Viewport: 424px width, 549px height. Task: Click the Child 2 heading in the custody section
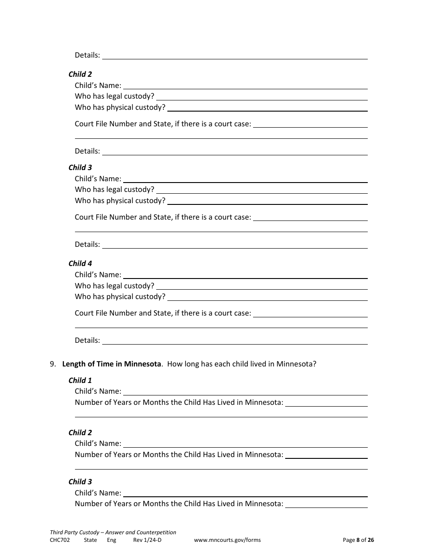[80, 74]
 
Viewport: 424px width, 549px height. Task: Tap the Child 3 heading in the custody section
[80, 167]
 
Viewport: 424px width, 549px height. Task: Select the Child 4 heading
[80, 263]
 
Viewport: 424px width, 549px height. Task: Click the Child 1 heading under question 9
[80, 380]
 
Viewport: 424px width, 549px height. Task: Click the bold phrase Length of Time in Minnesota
[111, 364]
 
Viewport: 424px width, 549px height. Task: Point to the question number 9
[53, 364]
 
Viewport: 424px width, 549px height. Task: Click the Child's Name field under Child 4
[245, 275]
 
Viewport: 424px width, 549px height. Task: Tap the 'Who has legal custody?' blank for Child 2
[262, 96]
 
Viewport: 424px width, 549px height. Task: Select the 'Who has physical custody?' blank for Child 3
[267, 201]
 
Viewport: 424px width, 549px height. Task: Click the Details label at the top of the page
[87, 55]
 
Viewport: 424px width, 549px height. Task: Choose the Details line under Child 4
[235, 341]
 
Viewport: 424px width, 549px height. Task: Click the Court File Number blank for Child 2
[310, 124]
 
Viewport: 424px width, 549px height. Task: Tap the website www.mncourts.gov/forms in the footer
[227, 540]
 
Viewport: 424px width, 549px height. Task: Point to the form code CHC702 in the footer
[60, 540]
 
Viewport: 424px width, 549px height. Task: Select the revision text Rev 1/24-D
[147, 540]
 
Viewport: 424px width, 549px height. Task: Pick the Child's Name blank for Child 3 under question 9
[245, 493]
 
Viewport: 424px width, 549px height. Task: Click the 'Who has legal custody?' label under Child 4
[115, 286]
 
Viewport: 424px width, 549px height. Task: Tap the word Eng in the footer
[112, 540]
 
